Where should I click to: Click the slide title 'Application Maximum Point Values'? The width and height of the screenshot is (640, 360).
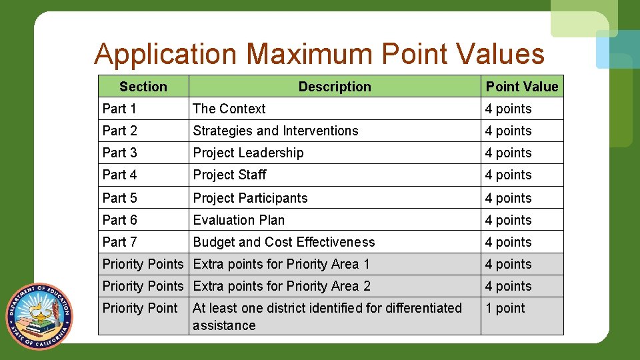point(319,54)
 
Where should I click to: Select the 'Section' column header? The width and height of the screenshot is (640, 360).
point(143,87)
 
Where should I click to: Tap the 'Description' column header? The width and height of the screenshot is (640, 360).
point(335,87)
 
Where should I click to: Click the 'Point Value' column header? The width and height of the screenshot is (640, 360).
point(522,87)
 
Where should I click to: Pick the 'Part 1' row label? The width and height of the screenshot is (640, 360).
point(119,109)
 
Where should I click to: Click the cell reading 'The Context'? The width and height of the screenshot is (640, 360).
point(229,109)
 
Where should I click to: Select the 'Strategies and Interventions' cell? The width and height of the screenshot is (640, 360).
point(275,131)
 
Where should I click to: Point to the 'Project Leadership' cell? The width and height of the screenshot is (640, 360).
point(248,153)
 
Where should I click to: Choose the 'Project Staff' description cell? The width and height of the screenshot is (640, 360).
point(229,175)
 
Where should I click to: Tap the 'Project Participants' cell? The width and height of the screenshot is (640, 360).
point(250,198)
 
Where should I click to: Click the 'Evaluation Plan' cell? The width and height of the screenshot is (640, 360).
point(239,220)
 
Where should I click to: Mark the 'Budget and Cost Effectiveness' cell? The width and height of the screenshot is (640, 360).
point(284,242)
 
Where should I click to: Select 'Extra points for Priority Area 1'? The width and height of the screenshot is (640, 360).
point(281,264)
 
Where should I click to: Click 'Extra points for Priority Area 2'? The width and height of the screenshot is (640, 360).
point(281,286)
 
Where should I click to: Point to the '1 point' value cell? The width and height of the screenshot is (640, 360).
point(505,308)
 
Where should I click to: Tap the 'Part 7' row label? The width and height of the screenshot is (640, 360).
point(119,242)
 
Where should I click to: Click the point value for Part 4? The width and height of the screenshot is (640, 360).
point(508,175)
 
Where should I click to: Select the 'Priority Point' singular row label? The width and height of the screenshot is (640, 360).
point(140,308)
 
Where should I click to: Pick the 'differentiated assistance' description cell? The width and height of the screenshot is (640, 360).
point(327,317)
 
